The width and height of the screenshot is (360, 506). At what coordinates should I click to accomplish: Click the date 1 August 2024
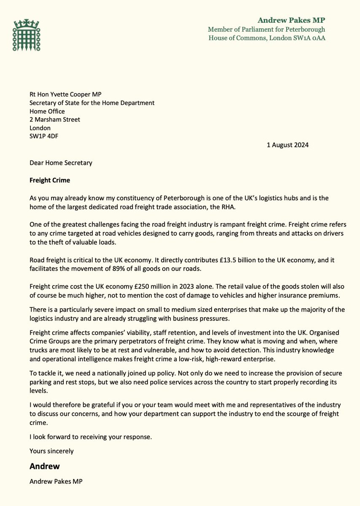(287, 145)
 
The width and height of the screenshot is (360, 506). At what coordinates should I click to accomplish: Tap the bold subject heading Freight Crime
(50, 180)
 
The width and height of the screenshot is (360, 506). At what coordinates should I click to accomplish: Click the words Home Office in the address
(47, 111)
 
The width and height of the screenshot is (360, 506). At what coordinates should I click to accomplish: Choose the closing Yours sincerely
(51, 451)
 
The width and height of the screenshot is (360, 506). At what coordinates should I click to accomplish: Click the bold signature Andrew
(44, 466)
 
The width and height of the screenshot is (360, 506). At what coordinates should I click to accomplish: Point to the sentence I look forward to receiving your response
(91, 437)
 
